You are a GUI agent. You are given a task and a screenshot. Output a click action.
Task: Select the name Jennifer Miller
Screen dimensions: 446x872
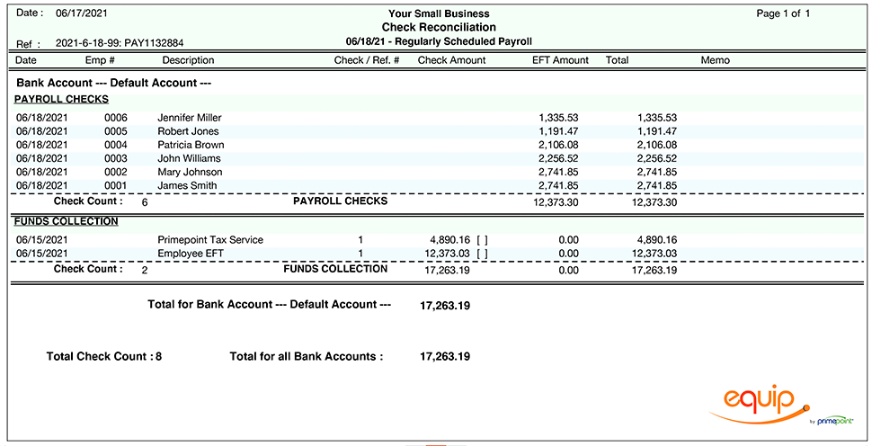[x=189, y=118]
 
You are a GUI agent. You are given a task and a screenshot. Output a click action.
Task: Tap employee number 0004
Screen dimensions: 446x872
[x=116, y=145]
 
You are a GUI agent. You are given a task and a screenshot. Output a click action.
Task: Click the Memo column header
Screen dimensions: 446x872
[x=715, y=60]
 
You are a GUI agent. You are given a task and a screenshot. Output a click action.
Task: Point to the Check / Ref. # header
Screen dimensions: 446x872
[x=366, y=60]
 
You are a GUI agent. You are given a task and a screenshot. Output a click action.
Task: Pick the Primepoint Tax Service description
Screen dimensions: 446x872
[x=210, y=240]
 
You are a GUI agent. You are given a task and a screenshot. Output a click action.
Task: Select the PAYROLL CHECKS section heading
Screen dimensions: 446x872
[x=61, y=99]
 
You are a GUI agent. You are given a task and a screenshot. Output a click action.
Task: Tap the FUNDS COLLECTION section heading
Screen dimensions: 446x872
[x=67, y=221]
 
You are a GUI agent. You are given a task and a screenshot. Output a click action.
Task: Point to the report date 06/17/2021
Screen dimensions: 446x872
[x=81, y=14]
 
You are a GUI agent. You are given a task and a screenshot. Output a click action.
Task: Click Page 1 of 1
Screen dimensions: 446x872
[x=783, y=13]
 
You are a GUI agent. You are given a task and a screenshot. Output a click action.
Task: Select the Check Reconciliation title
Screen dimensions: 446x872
[x=439, y=27]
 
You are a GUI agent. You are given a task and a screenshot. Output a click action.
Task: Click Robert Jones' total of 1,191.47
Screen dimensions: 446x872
[x=656, y=131]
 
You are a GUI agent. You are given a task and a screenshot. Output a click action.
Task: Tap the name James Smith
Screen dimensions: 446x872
[x=187, y=185]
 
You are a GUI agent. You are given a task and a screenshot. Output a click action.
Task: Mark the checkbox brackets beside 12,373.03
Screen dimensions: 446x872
[x=483, y=254]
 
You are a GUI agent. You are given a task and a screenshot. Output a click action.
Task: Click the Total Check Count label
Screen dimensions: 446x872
[x=99, y=357]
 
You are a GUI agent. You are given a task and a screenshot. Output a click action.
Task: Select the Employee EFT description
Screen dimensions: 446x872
[x=191, y=254]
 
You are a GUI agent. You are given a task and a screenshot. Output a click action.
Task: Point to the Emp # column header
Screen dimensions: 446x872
[x=100, y=60]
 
